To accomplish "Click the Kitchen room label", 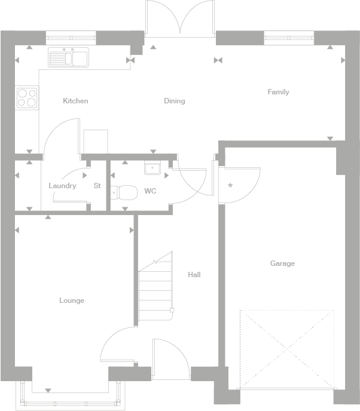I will pyautogui.click(x=75, y=101).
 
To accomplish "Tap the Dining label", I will pyautogui.click(x=175, y=101).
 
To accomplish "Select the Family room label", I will pyautogui.click(x=278, y=92).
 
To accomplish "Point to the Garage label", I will pyautogui.click(x=282, y=263).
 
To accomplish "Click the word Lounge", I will pyautogui.click(x=72, y=300).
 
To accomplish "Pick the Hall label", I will pyautogui.click(x=194, y=275).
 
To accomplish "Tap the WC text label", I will pyautogui.click(x=150, y=192).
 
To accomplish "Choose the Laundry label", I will pyautogui.click(x=62, y=186).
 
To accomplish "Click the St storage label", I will pyautogui.click(x=97, y=186).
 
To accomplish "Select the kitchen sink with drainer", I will pyautogui.click(x=69, y=57).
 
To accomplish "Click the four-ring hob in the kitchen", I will pyautogui.click(x=27, y=97).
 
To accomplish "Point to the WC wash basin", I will pyautogui.click(x=152, y=168).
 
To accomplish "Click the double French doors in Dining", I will pyautogui.click(x=179, y=18).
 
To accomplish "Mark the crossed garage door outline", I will pyautogui.click(x=287, y=348).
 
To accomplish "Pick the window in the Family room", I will pyautogui.click(x=289, y=37).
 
